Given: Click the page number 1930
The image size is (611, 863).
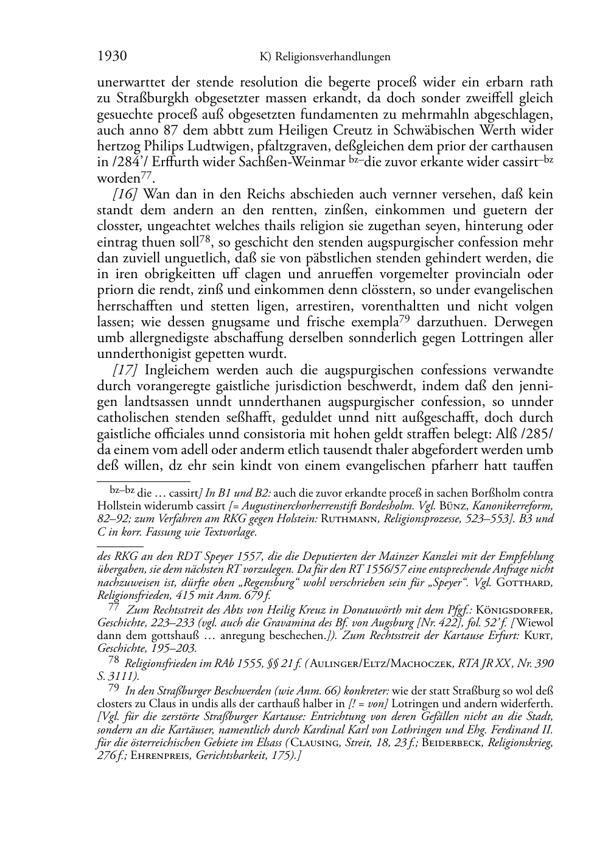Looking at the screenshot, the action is coord(112,57).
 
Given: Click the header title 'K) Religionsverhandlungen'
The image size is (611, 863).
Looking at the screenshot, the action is coord(324,57).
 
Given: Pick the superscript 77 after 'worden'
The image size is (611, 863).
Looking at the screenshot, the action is coord(146,176).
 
